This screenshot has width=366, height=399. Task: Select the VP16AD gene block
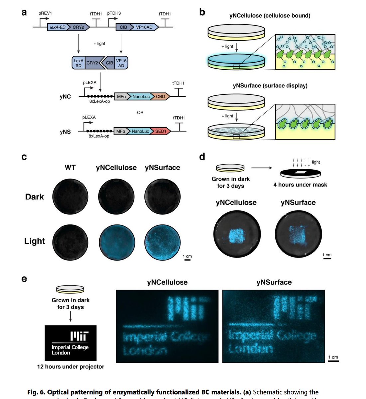coord(144,27)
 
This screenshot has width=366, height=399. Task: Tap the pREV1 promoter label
coord(45,14)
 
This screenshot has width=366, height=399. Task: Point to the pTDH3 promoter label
coord(114,14)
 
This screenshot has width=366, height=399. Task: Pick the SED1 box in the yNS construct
coord(160,131)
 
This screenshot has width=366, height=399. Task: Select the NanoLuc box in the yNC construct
coord(141,97)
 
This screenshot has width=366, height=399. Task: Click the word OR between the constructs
coord(140,113)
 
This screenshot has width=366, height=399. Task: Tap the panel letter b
coord(202,12)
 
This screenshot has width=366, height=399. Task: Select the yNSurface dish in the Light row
coord(163,241)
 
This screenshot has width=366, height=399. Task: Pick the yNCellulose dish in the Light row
coord(117,241)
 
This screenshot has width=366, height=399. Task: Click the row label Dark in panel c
coord(34,197)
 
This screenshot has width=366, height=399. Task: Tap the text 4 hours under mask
coord(300,185)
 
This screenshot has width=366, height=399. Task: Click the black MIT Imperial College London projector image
coord(70,343)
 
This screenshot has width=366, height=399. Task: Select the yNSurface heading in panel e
coord(274,282)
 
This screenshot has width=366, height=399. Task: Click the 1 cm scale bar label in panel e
coord(333,357)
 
